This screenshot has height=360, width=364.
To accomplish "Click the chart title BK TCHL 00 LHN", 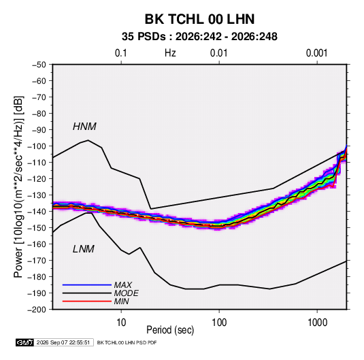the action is click(x=199, y=19).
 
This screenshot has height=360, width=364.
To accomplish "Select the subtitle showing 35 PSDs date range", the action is click(x=199, y=37).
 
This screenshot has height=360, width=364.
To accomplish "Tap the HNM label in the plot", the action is click(x=84, y=127).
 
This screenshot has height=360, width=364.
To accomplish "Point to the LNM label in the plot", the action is click(x=84, y=249).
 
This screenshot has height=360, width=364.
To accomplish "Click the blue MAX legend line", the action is click(x=87, y=285).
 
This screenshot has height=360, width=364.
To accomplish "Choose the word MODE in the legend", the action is click(x=127, y=293).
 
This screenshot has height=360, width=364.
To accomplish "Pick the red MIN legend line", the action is click(x=87, y=301).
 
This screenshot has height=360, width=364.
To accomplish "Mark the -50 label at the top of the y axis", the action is click(x=39, y=65).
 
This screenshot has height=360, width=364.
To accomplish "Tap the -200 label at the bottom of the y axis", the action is click(x=37, y=310).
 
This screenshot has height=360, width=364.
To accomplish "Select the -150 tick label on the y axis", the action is click(x=37, y=228).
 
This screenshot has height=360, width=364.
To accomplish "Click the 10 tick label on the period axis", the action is click(x=121, y=323).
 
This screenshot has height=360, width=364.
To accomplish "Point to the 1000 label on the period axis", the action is click(x=317, y=323).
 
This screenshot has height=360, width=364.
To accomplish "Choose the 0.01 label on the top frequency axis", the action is click(x=218, y=53).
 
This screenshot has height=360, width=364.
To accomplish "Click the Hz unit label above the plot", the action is click(x=170, y=53).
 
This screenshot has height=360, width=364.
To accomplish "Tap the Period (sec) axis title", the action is click(x=170, y=330).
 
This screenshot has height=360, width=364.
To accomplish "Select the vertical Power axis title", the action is click(x=18, y=186).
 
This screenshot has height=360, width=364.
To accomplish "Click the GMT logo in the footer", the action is click(x=25, y=342).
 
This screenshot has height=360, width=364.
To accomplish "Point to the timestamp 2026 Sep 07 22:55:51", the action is click(x=63, y=342).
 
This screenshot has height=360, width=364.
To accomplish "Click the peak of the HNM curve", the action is click(x=88, y=140).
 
